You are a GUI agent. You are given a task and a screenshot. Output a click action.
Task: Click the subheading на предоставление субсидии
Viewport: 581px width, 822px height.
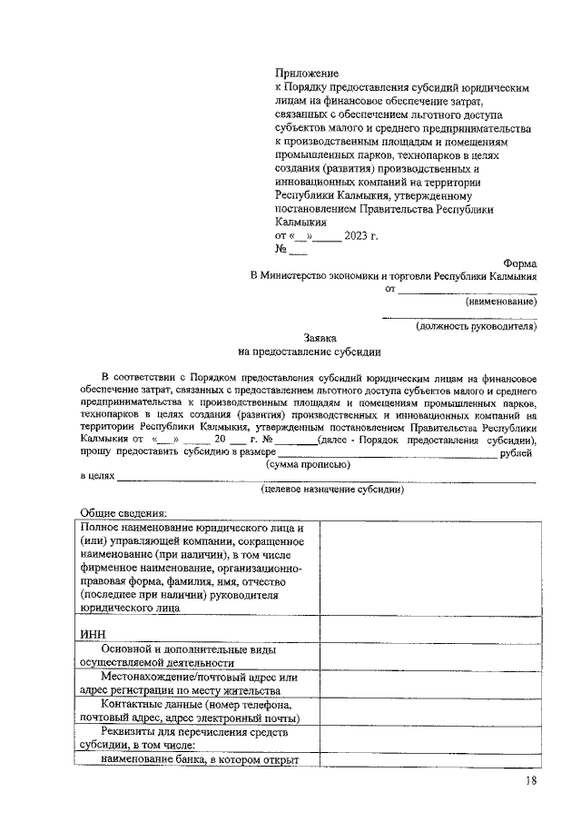point(310,350)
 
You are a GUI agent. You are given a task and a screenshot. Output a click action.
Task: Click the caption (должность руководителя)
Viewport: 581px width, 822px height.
point(476,325)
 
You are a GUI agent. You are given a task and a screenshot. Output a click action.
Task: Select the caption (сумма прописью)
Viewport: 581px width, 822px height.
point(309,463)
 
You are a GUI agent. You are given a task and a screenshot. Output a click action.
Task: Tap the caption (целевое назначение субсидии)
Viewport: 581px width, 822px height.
point(332,489)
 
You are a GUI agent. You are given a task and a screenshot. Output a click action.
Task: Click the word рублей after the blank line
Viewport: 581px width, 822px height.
point(516,451)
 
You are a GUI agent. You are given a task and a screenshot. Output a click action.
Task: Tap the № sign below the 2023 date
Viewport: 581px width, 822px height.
point(281,250)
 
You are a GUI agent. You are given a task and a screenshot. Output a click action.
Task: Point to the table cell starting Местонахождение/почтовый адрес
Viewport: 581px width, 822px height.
point(195,683)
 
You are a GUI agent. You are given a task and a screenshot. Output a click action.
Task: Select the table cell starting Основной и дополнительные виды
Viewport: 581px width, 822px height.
point(195,656)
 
